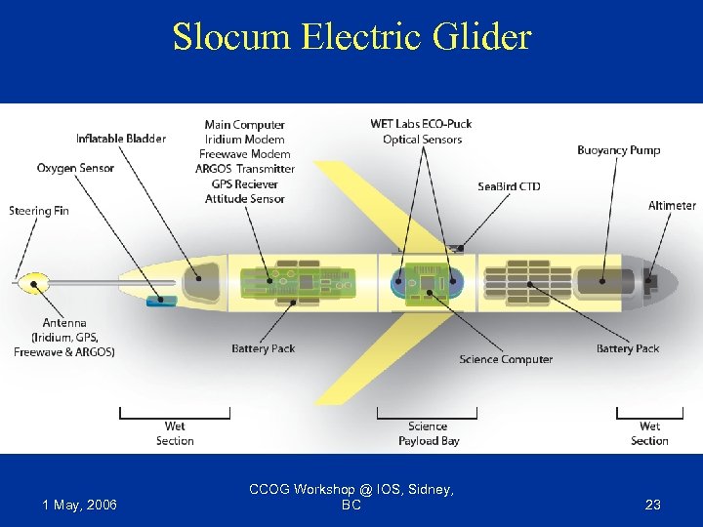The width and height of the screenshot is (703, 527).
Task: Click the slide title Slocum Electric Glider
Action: point(351,37)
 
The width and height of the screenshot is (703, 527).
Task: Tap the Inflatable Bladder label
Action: point(121,139)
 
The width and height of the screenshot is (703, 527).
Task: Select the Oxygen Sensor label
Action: point(75,168)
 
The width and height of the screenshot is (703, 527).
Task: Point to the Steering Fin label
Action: point(39,211)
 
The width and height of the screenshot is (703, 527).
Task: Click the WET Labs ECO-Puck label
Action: point(422,124)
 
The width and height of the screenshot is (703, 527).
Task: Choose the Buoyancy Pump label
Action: point(618,150)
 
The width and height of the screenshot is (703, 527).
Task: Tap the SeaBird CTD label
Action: point(509,186)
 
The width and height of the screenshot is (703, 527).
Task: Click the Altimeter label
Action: point(672,206)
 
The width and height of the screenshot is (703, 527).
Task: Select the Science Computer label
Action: point(506,359)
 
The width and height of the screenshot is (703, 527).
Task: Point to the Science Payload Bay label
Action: point(428,433)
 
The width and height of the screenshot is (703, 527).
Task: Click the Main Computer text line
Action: point(244,125)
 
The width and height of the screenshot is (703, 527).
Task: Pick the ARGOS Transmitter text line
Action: point(244,169)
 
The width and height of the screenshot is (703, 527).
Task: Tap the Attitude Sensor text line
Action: point(244,199)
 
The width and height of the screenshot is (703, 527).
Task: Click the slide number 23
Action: point(653,505)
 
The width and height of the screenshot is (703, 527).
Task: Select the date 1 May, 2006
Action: point(80,505)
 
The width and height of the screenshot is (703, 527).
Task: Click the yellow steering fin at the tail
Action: point(32,284)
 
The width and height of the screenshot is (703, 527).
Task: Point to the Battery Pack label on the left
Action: point(264,348)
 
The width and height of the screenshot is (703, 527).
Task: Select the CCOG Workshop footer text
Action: point(351,497)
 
